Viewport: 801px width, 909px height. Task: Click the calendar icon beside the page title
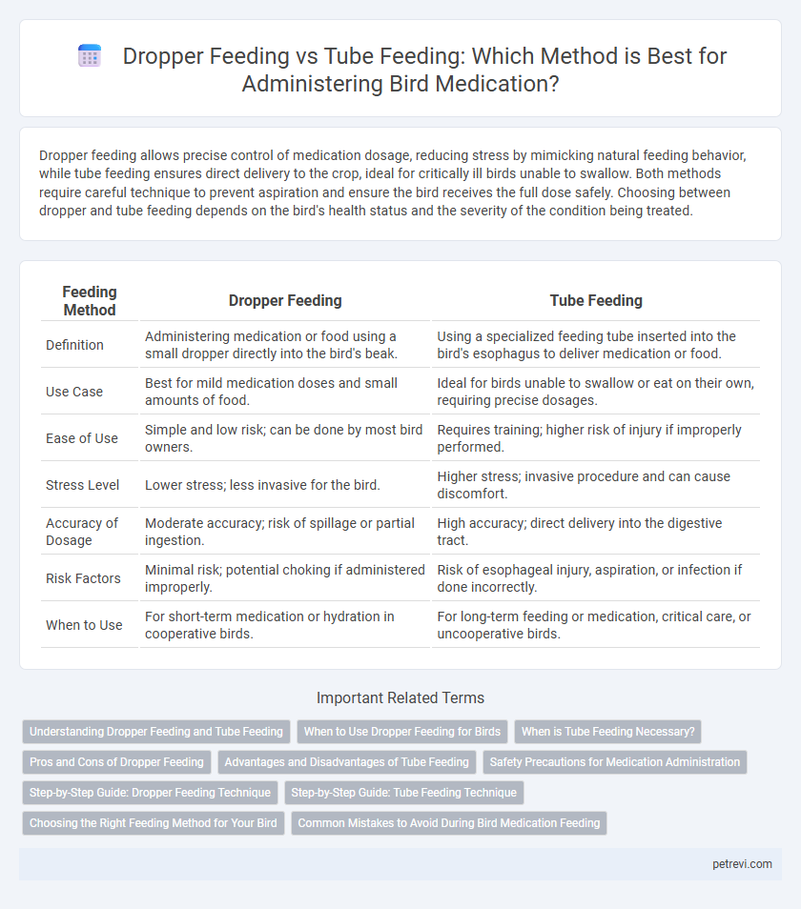90,57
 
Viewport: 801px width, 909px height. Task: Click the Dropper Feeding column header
285,300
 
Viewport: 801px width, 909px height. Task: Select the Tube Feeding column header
595,300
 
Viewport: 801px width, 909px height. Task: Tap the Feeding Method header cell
90,300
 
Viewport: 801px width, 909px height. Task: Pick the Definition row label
74,344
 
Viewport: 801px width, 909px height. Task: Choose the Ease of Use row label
82,438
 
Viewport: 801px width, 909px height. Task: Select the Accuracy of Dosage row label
82,532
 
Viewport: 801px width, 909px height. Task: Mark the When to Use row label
84,625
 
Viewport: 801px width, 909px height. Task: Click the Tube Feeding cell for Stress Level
595,485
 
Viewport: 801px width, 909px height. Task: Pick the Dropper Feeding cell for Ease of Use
285,438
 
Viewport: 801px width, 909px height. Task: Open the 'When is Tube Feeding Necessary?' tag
607,732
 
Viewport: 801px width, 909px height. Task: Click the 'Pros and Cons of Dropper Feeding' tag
117,762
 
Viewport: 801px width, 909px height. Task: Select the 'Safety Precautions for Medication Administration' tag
615,762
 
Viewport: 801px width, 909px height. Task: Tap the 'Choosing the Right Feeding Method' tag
153,822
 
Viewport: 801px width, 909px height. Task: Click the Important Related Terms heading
400,698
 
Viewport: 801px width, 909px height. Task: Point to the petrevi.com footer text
742,864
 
